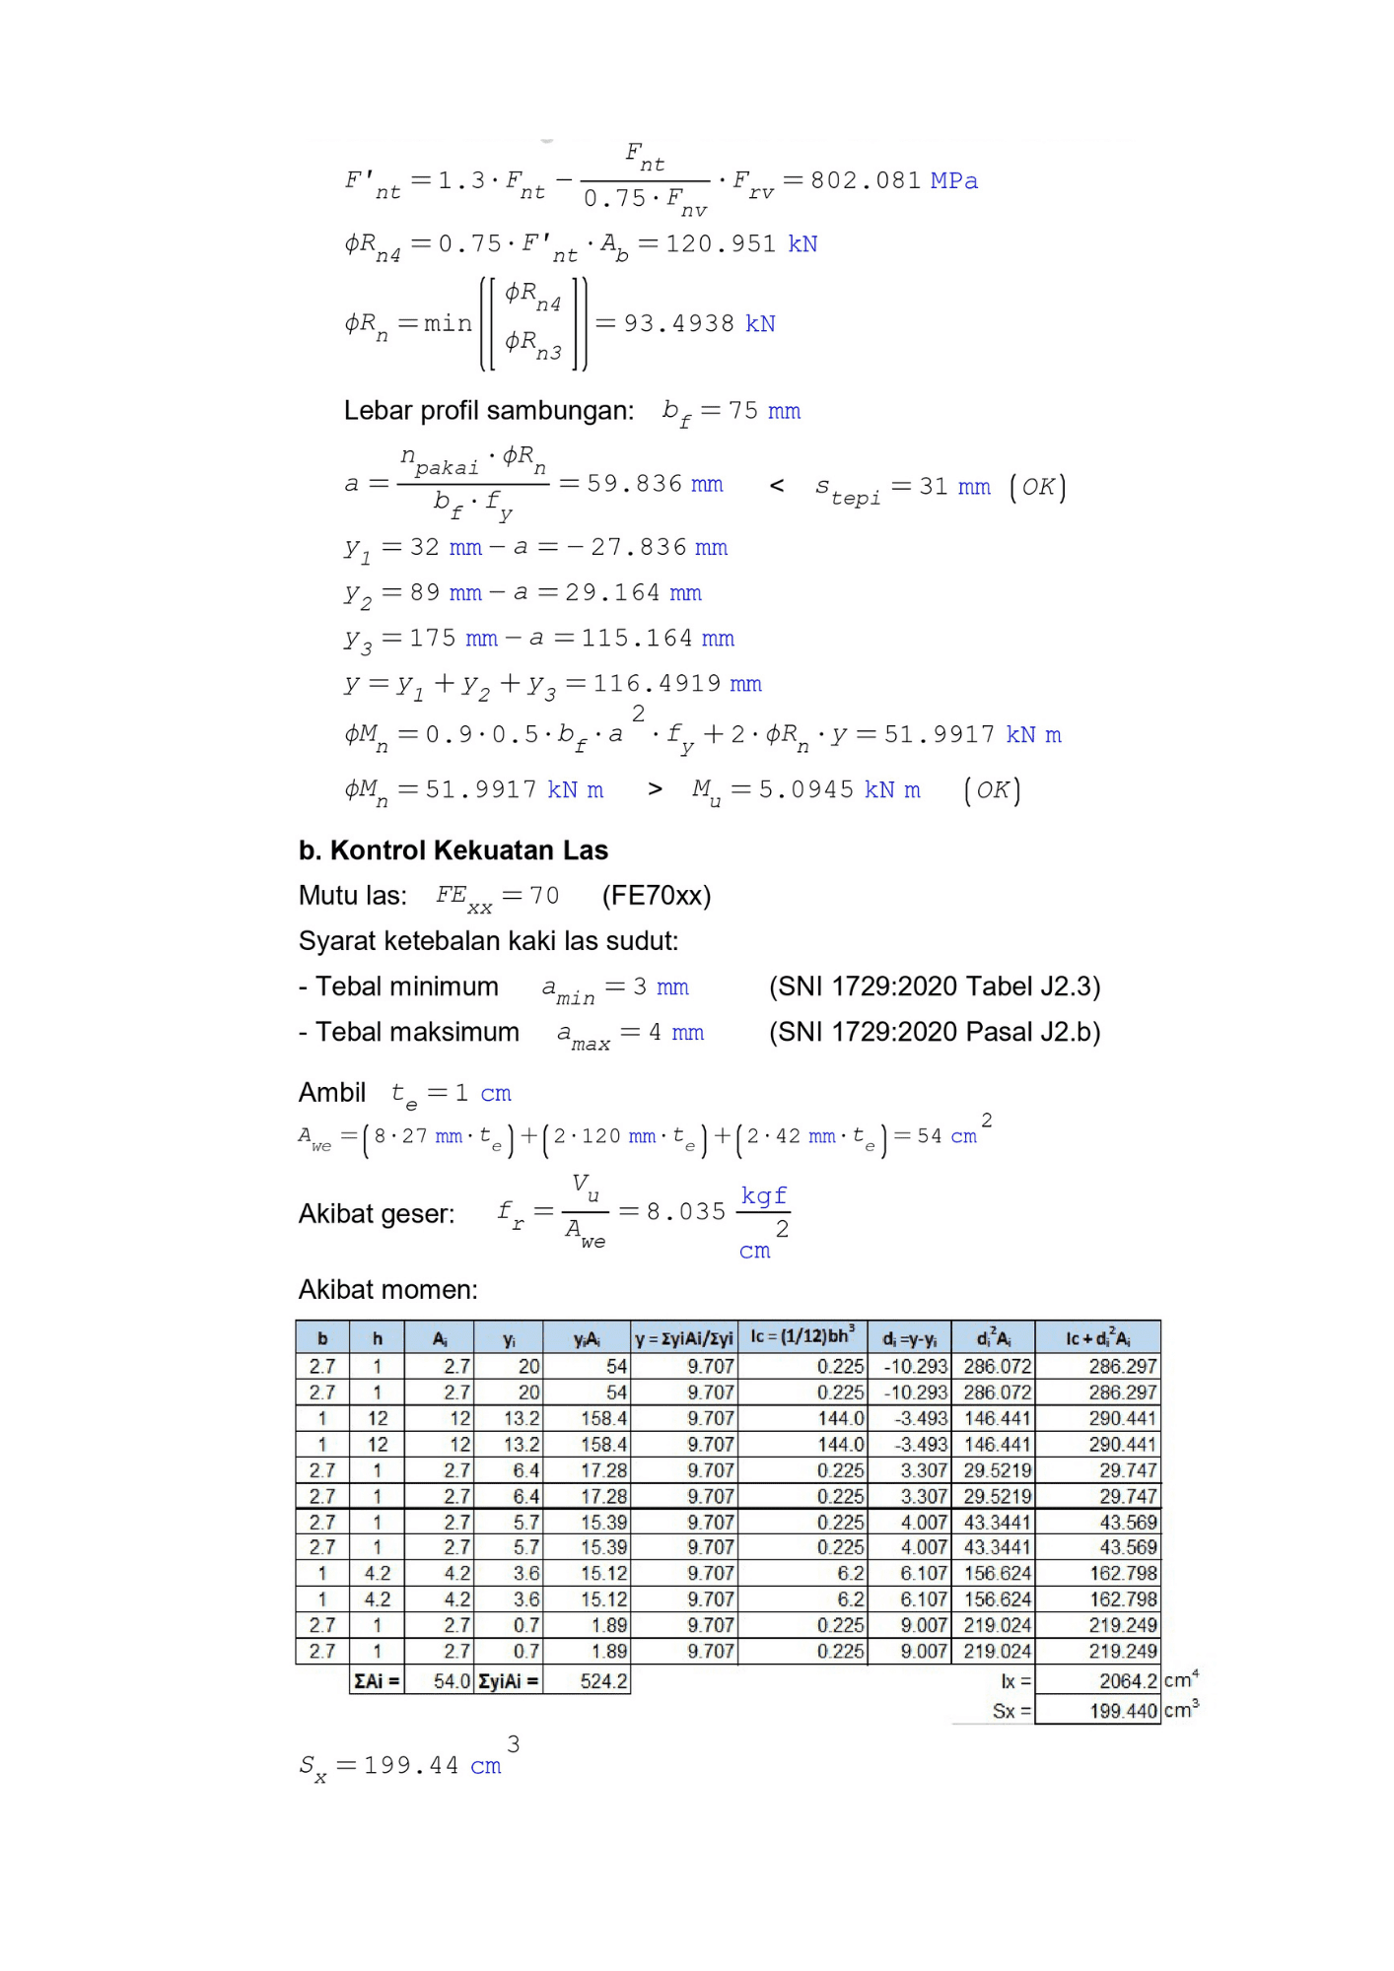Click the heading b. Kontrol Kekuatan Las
[453, 850]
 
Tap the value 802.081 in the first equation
[865, 180]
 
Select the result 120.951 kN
[740, 243]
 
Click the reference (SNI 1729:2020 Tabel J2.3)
[934, 986]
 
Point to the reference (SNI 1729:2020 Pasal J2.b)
[934, 1032]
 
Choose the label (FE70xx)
[656, 896]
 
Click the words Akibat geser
[377, 1214]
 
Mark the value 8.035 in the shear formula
[685, 1211]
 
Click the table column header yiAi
[587, 1338]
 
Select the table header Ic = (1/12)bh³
[802, 1337]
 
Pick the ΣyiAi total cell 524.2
[587, 1681]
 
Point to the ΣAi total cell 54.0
[439, 1681]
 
